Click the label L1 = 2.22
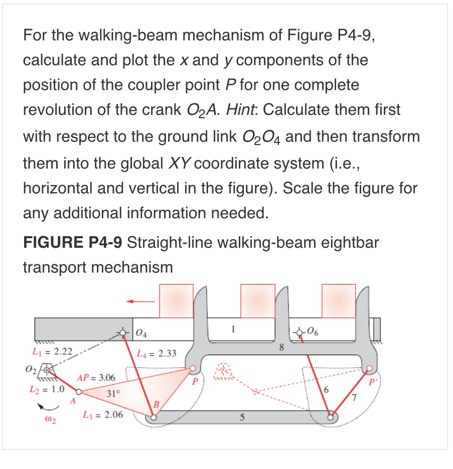tap(49, 351)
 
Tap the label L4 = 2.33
tap(157, 354)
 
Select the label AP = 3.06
tap(96, 378)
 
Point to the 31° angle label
tap(112, 394)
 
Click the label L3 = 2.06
tap(102, 415)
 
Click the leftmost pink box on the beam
tap(176, 300)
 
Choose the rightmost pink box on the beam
tap(339, 300)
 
